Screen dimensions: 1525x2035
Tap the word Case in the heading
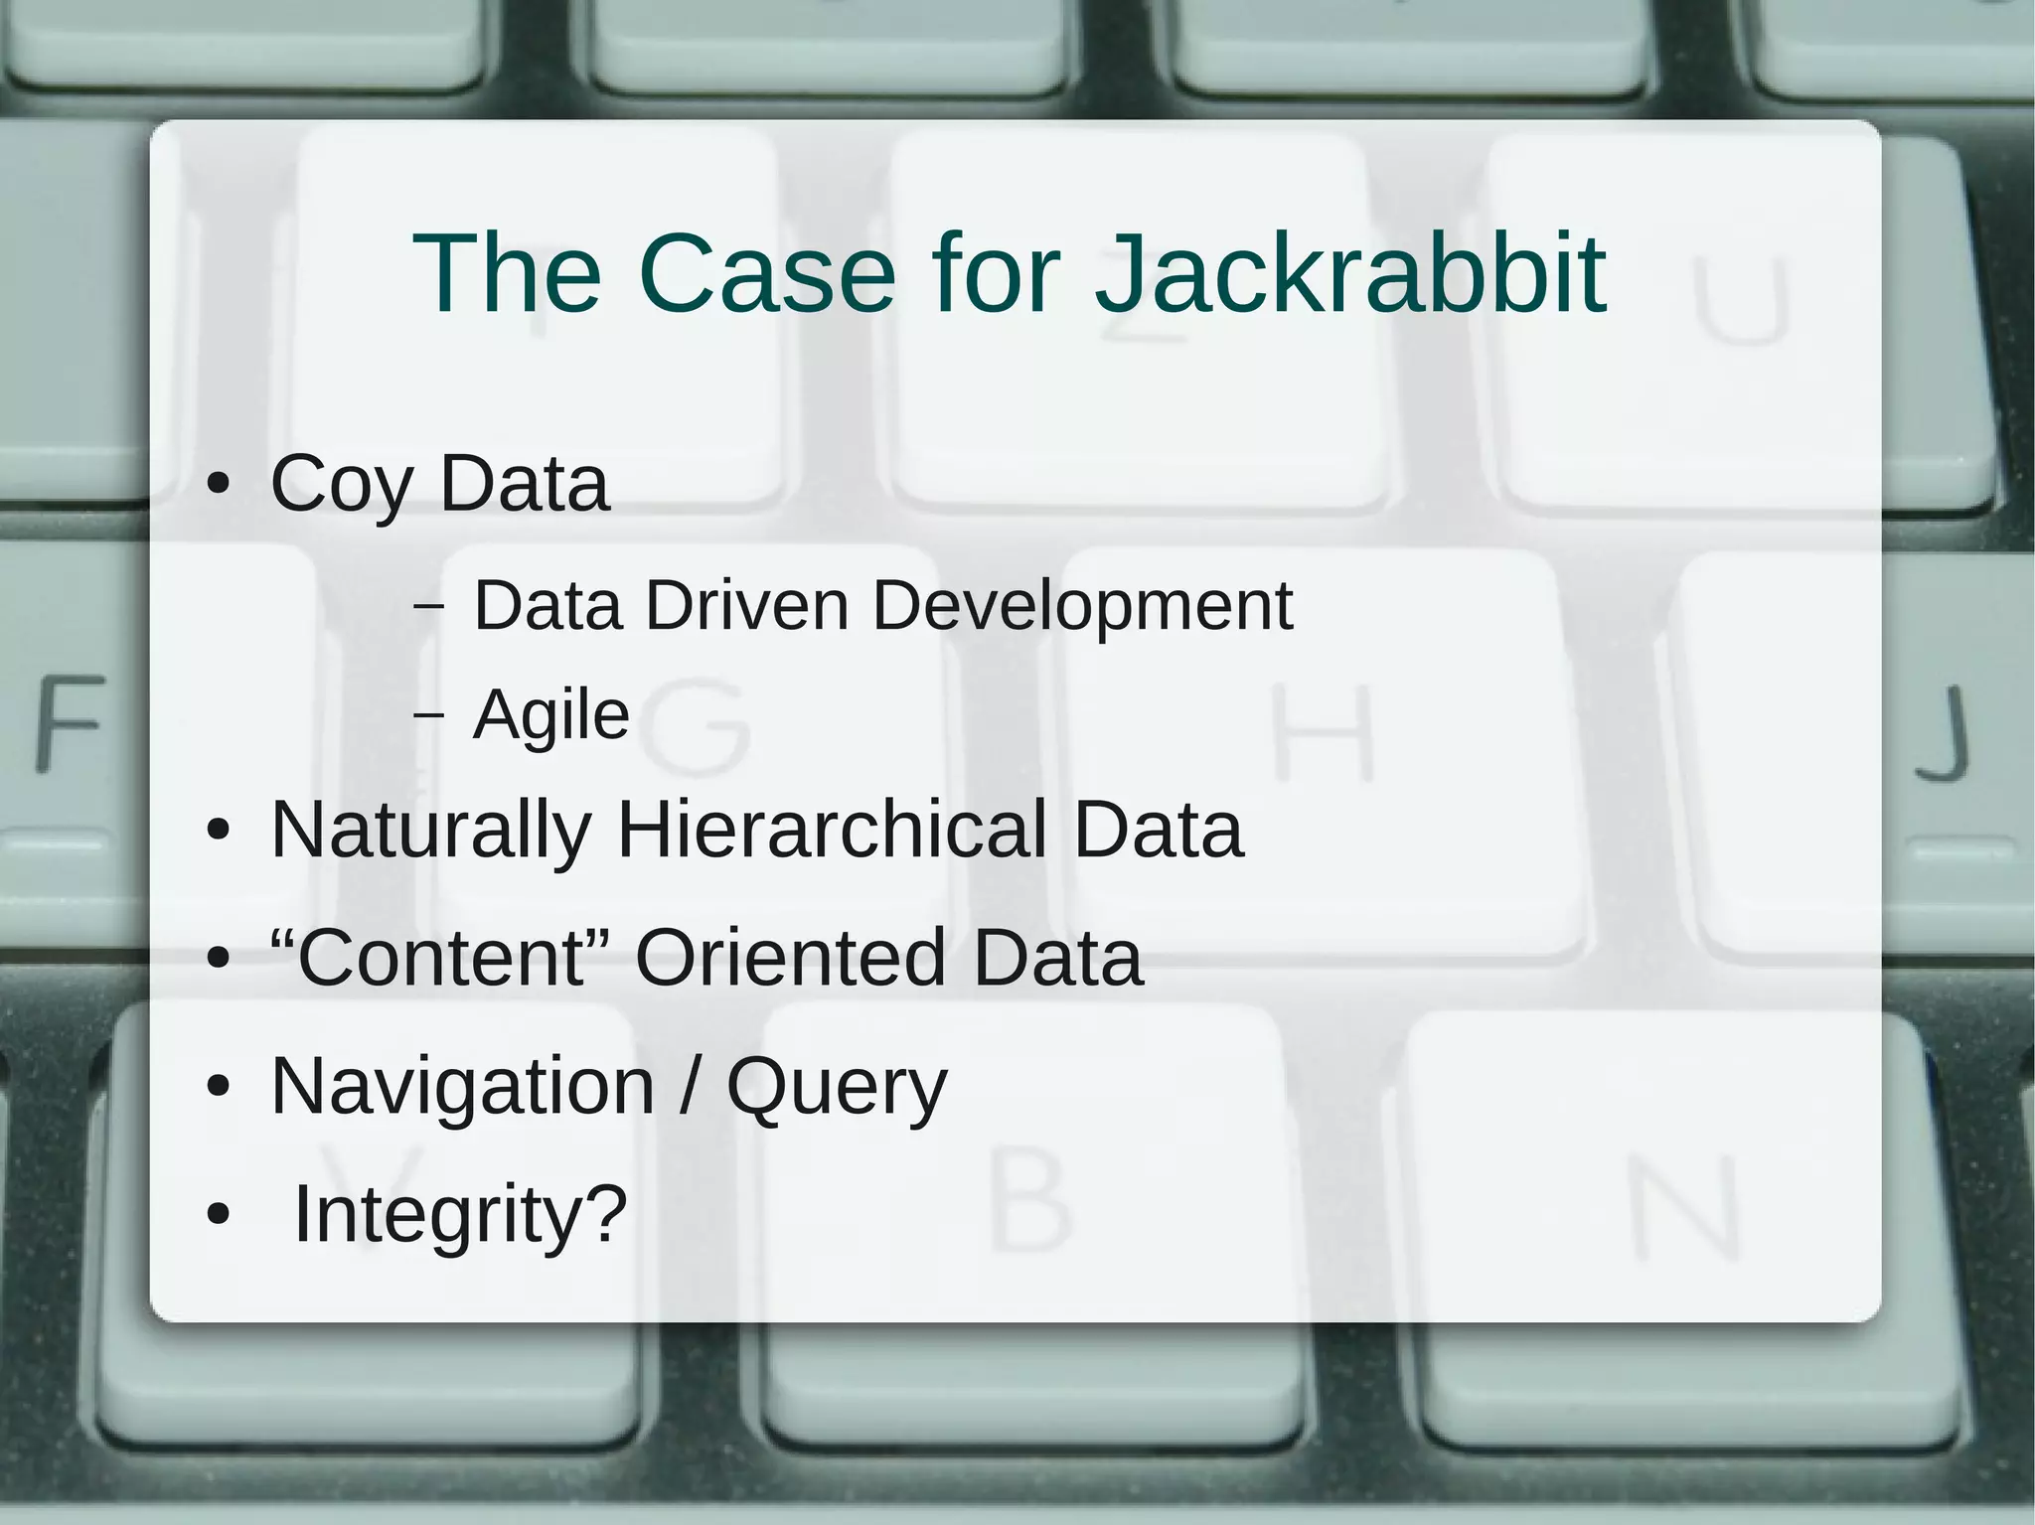coord(766,273)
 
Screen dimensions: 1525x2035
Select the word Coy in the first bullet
coord(341,486)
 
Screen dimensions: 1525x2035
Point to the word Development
coord(1082,606)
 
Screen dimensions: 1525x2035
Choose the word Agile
coord(551,714)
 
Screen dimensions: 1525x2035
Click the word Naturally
coord(431,831)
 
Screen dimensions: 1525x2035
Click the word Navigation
coord(462,1087)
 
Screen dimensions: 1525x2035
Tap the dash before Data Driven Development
coord(428,606)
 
